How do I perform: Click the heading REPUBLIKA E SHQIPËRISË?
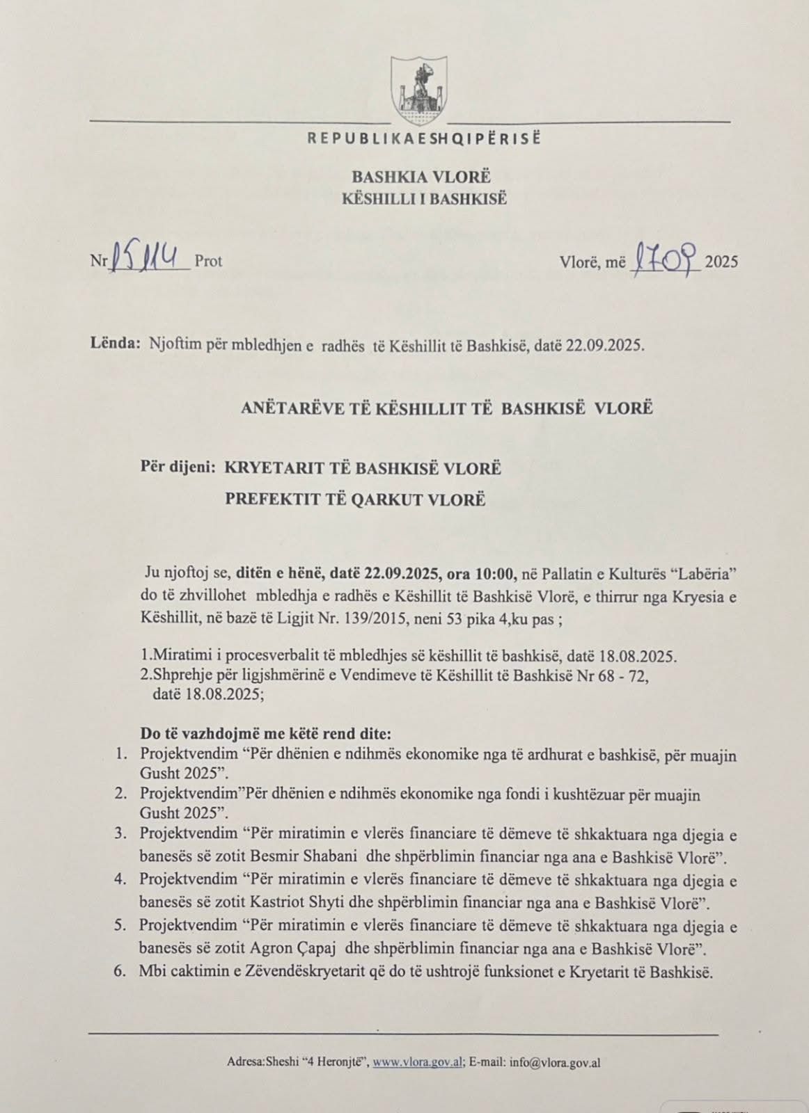424,138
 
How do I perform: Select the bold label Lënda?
116,344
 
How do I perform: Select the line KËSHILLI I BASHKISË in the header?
424,199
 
